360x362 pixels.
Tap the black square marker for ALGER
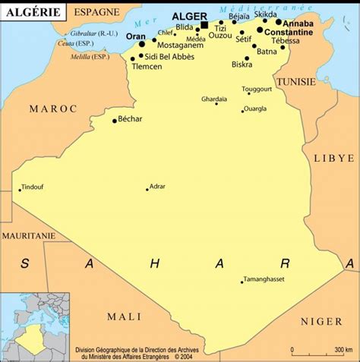tap(204, 25)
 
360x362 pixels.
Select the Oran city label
tap(135, 36)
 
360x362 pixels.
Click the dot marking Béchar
tap(115, 121)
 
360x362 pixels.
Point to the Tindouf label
tap(33, 187)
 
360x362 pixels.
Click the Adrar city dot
tap(147, 189)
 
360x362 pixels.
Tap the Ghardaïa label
tap(214, 99)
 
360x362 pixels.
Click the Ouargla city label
tap(254, 109)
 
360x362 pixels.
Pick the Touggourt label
tap(257, 89)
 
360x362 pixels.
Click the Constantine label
tap(288, 32)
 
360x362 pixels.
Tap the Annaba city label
tap(297, 23)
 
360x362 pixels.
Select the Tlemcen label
tap(147, 67)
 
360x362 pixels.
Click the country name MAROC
tap(53, 109)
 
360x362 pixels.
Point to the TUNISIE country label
tap(296, 81)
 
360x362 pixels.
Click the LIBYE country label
tap(333, 158)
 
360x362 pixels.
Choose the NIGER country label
tap(321, 322)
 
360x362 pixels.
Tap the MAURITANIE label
tap(29, 236)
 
